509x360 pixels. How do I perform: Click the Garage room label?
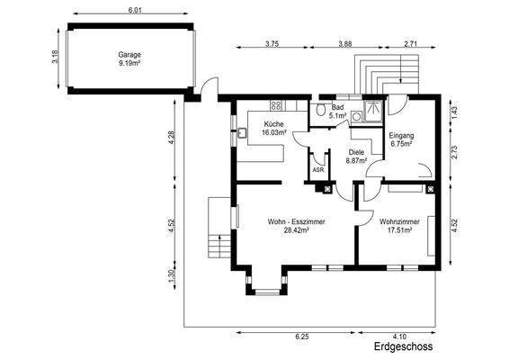[129, 55]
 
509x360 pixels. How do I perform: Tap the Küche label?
[273, 124]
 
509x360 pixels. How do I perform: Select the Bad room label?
[337, 107]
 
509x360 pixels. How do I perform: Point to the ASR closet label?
[317, 169]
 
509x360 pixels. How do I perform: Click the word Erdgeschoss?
[403, 346]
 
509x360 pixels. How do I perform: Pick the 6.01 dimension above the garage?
[135, 10]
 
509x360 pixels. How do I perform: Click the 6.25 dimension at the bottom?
[302, 337]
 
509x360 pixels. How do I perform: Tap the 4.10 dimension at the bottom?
[399, 337]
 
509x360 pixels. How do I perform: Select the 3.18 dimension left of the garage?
[55, 57]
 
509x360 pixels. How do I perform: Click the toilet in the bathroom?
[321, 109]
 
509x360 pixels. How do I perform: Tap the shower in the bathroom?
[373, 112]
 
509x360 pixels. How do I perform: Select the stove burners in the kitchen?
[276, 105]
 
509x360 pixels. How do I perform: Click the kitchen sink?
[242, 133]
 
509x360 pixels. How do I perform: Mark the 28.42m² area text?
[296, 230]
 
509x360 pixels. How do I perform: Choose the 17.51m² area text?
[400, 230]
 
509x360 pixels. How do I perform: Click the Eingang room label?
[401, 136]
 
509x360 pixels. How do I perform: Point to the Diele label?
[356, 152]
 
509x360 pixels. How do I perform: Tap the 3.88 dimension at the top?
[345, 44]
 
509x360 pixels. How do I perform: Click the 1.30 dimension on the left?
[172, 276]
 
